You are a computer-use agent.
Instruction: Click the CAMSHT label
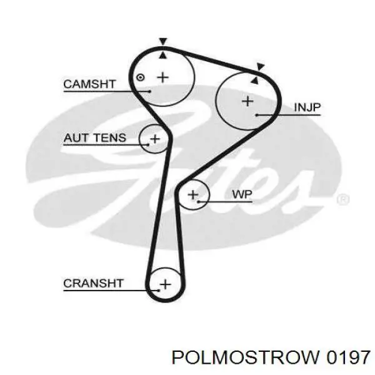click(x=89, y=84)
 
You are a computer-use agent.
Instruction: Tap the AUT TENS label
click(x=95, y=137)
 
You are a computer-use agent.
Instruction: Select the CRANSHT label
click(x=93, y=283)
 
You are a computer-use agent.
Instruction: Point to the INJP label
click(x=307, y=107)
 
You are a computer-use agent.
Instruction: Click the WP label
click(x=242, y=194)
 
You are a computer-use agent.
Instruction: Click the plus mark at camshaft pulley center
click(x=163, y=77)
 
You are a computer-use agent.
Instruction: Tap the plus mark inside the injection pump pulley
click(x=247, y=101)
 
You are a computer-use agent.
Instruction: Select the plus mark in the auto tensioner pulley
click(x=155, y=139)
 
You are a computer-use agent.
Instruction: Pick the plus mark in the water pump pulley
click(x=193, y=194)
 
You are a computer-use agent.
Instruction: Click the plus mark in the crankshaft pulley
click(x=165, y=284)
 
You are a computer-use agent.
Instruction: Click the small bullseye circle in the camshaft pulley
click(x=140, y=77)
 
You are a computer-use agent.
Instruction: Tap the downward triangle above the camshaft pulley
click(x=163, y=41)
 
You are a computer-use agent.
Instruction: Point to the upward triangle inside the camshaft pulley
click(x=163, y=56)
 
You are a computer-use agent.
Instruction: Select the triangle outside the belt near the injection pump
click(x=260, y=66)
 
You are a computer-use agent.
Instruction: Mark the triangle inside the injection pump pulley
click(x=255, y=81)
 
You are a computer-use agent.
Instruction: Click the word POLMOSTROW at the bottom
click(x=246, y=357)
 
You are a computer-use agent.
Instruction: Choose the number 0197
click(x=348, y=357)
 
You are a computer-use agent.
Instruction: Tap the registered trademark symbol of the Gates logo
click(x=343, y=199)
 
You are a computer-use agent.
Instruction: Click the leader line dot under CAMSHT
click(x=150, y=91)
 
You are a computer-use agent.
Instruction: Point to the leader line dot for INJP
click(x=256, y=115)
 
